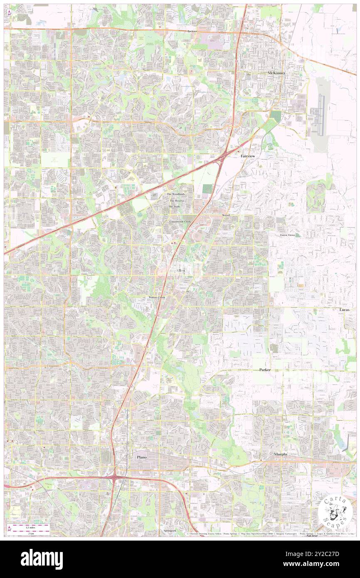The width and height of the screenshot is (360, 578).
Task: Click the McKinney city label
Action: tap(276, 73)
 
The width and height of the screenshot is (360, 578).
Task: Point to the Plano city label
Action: tap(142, 457)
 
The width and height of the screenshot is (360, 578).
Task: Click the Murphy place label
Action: tap(281, 454)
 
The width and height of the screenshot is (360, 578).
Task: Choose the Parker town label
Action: tap(265, 370)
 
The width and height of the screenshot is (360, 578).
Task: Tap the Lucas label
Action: tap(344, 310)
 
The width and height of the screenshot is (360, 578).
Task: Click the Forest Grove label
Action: tap(287, 235)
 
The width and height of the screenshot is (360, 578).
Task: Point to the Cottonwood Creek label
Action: tap(180, 222)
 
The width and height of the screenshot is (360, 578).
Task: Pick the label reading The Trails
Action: tap(175, 207)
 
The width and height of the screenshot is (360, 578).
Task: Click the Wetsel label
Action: tap(226, 215)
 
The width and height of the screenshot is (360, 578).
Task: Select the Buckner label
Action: tap(192, 31)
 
